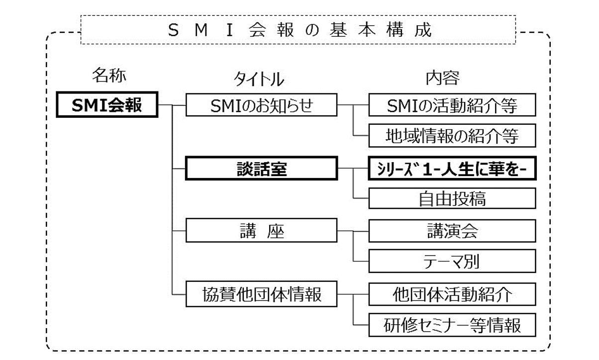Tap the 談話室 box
262,169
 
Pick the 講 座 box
262,231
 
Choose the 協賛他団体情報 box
262,294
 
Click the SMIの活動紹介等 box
452,106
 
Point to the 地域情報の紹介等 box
452,135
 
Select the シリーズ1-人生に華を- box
452,169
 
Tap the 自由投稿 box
452,198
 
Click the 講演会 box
452,231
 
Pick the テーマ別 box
452,261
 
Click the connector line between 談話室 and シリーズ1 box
353,169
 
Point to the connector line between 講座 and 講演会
353,231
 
